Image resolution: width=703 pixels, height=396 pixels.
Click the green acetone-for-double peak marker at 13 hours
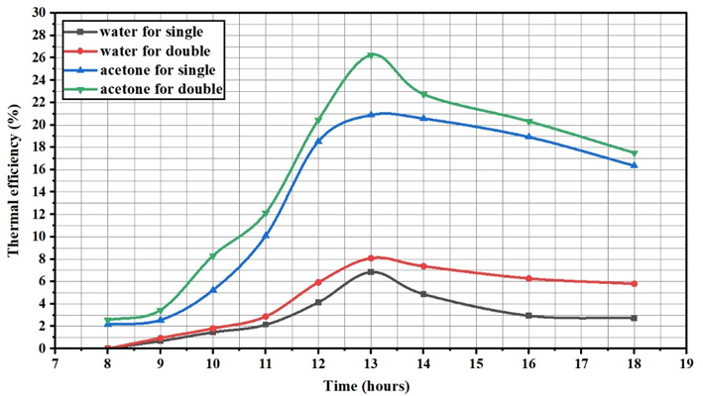point(371,55)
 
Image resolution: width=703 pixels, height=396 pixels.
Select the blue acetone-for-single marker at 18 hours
point(634,165)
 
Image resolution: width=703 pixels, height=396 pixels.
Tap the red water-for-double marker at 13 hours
point(371,258)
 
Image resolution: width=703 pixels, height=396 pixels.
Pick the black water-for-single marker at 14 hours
point(423,294)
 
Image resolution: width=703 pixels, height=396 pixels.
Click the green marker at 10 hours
point(212,256)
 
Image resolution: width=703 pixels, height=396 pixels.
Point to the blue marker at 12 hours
point(318,141)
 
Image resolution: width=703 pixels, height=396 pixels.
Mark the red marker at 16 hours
point(528,278)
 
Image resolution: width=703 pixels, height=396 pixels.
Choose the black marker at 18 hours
point(634,318)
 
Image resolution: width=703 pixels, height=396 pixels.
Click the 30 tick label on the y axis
point(39,13)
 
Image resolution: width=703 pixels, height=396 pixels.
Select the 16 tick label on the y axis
point(39,169)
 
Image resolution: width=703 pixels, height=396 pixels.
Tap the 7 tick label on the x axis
point(56,361)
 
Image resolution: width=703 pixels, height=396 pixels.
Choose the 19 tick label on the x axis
point(685,361)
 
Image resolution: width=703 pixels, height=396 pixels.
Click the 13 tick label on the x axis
point(371,361)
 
